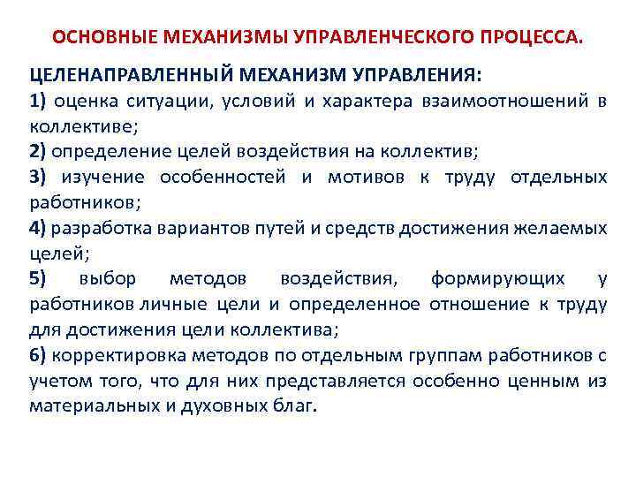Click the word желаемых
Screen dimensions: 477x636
pyautogui.click(x=563, y=228)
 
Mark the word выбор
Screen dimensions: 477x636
pyautogui.click(x=107, y=279)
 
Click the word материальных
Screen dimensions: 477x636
pyautogui.click(x=83, y=406)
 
